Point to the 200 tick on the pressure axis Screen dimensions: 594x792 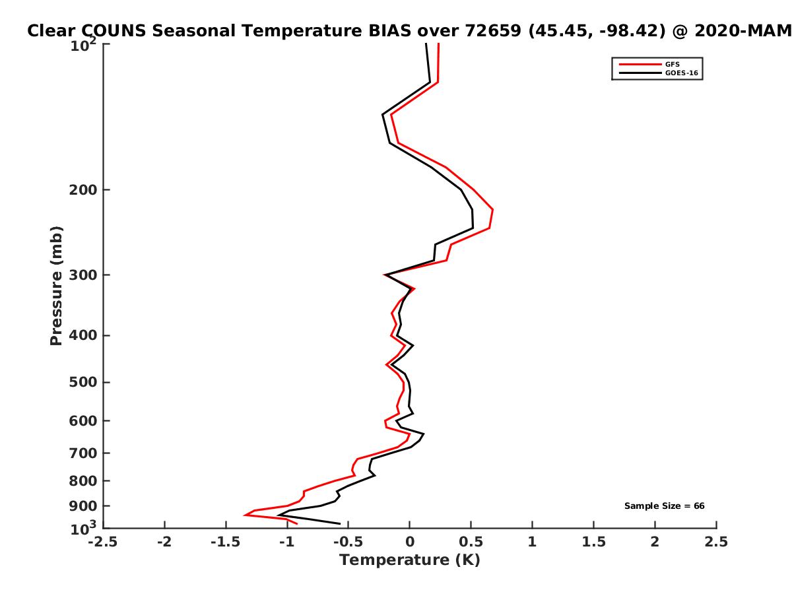[x=83, y=190]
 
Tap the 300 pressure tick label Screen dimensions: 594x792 [x=83, y=275]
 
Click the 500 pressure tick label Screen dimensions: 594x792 [x=83, y=382]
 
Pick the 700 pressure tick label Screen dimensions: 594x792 [x=83, y=453]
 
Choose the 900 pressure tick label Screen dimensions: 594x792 [x=83, y=506]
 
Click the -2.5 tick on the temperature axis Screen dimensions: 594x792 [x=103, y=542]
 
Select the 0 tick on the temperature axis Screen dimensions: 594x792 [x=410, y=542]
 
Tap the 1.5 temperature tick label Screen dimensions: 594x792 [x=594, y=542]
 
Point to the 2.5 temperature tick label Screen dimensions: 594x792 [x=716, y=542]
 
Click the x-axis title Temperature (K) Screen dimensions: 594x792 [x=409, y=560]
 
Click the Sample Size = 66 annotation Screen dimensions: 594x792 [x=665, y=506]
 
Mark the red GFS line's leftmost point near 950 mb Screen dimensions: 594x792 [x=245, y=515]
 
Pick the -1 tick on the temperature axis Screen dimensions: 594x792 [x=287, y=542]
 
